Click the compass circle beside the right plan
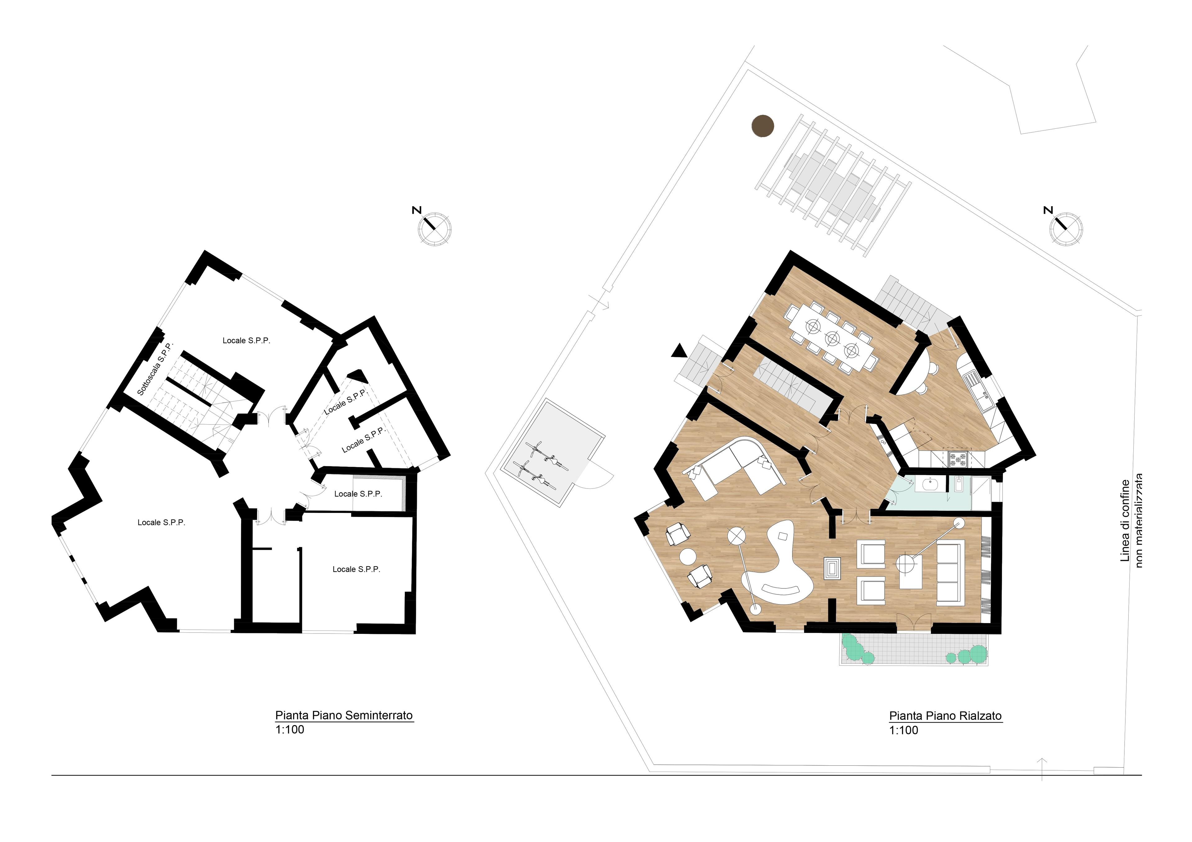(x=1066, y=229)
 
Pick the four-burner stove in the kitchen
(x=958, y=458)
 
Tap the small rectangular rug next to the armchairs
(x=832, y=568)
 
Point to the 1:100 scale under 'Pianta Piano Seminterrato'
(x=290, y=729)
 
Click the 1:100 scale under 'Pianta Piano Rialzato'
(x=904, y=730)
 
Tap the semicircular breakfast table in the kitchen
(x=913, y=377)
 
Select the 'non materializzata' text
(x=1139, y=520)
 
